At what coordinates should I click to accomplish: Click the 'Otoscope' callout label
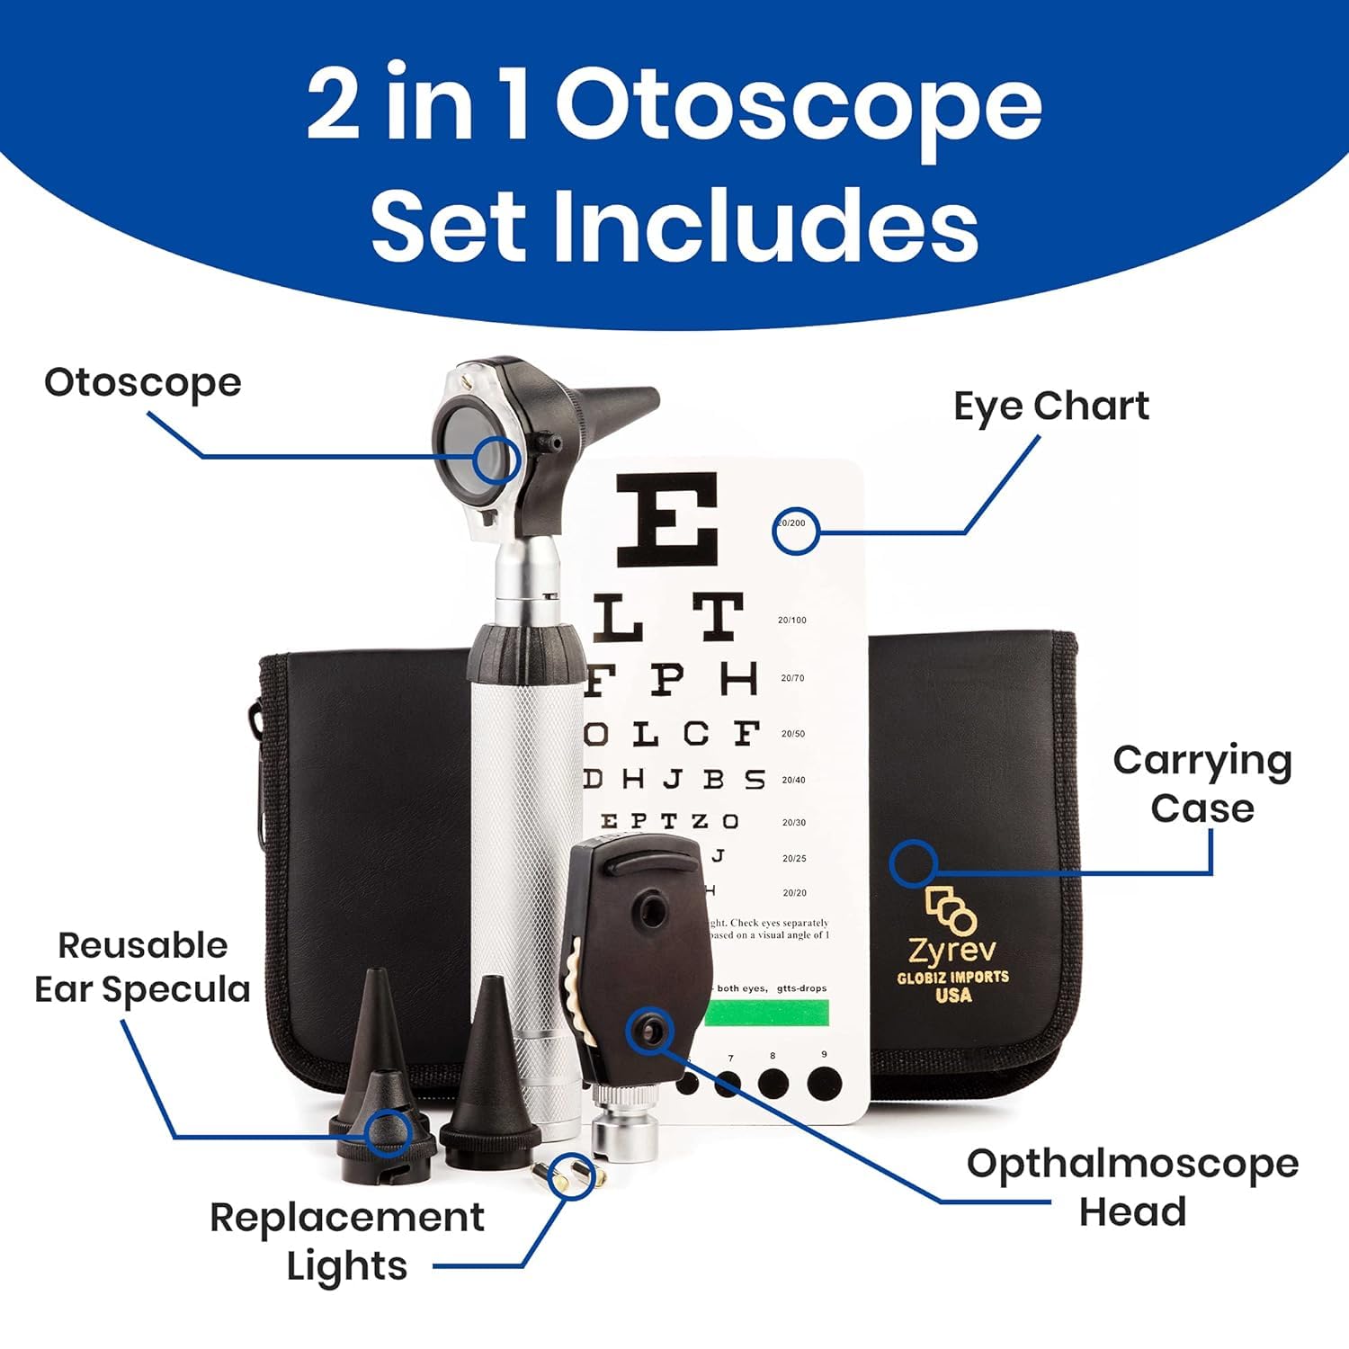coord(143,383)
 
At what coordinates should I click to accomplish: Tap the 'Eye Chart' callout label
coord(1050,406)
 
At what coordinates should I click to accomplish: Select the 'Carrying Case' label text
coord(1202,784)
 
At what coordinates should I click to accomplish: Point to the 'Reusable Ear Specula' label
coord(142,968)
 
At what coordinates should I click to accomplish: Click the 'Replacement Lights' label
coord(347,1242)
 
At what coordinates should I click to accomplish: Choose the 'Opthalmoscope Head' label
coord(1132,1187)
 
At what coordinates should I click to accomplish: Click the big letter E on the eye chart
coord(667,519)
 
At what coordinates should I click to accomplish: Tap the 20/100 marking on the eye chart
coord(791,620)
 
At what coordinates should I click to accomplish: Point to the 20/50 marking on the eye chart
coord(792,734)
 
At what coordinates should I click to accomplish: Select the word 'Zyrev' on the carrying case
coord(951,950)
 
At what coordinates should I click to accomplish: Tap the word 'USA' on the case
coord(953,995)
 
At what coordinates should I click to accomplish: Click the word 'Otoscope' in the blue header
coord(799,106)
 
